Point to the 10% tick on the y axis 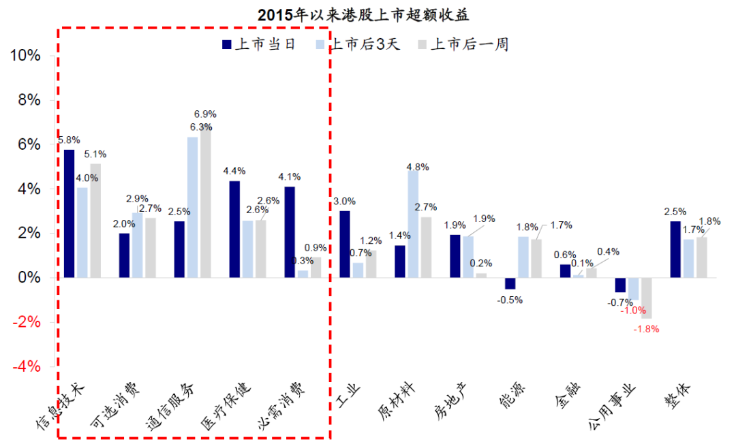[25, 56]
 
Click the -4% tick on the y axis [25, 366]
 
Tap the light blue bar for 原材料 [413, 224]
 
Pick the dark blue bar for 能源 [510, 283]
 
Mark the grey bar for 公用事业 [647, 298]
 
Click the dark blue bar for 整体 [675, 249]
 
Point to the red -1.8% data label [647, 330]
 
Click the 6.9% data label [205, 114]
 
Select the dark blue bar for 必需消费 [290, 232]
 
